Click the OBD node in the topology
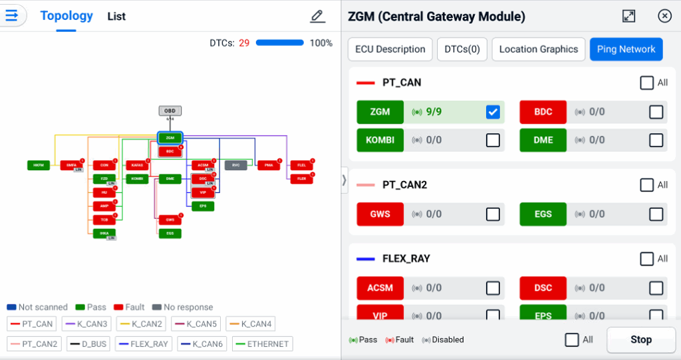click(170, 111)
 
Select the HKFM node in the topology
click(39, 165)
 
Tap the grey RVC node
click(235, 165)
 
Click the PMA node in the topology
click(269, 165)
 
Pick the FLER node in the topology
click(301, 179)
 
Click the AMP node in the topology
click(104, 206)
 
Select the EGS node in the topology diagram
click(170, 234)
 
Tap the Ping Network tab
click(626, 49)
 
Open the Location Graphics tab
click(539, 49)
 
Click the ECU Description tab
click(390, 49)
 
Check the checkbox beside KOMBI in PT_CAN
click(493, 140)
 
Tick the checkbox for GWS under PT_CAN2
click(493, 214)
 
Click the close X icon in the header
click(664, 17)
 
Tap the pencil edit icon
click(318, 17)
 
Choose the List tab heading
click(116, 17)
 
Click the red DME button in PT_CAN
click(543, 140)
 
